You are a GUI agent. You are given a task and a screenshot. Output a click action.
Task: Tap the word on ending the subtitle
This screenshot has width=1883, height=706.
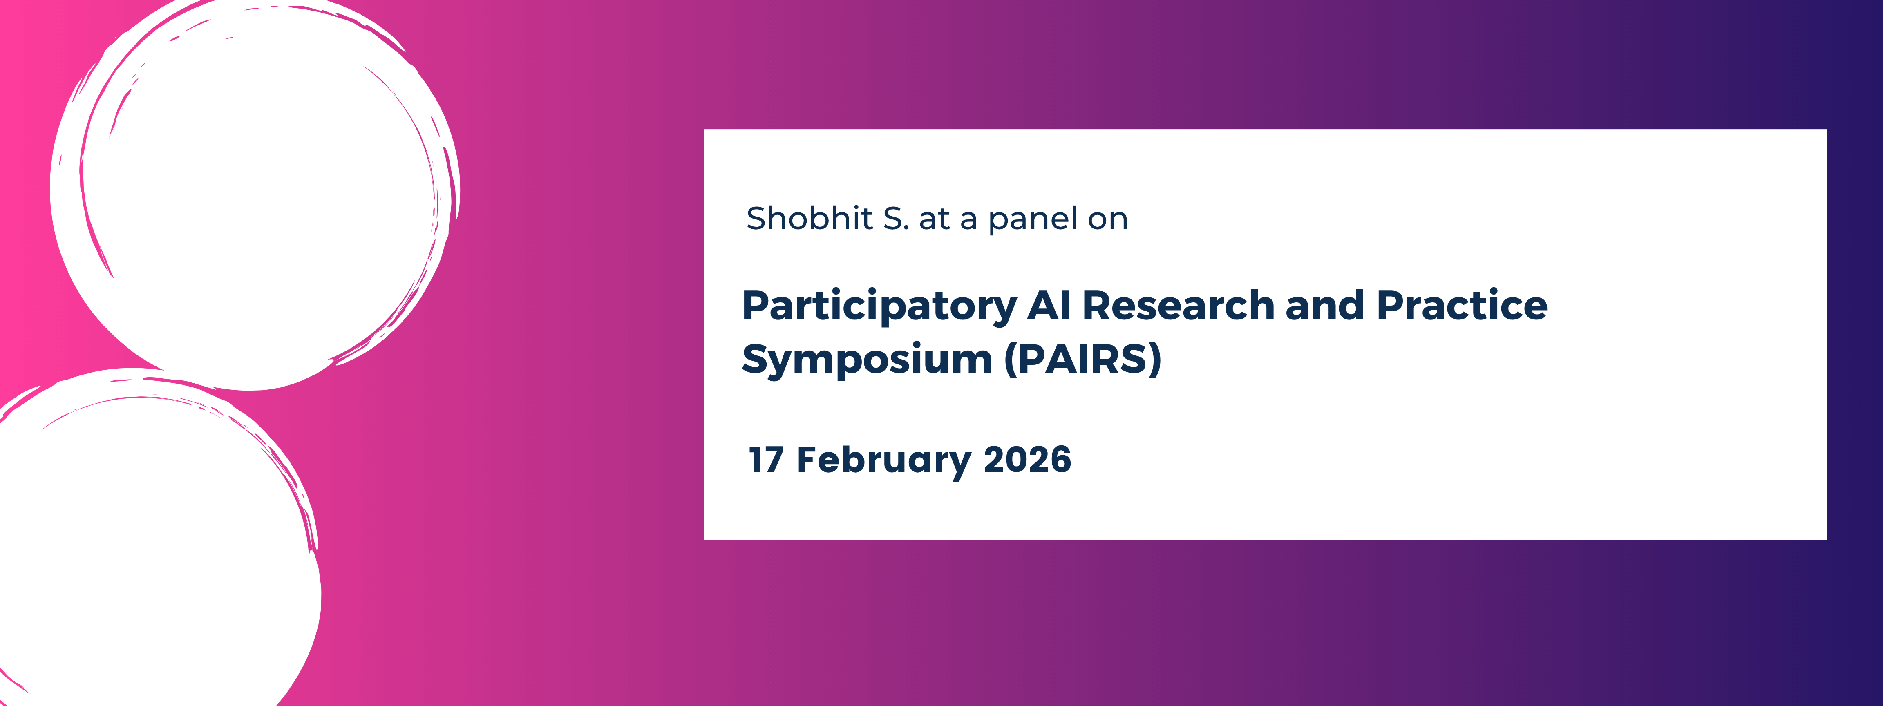pos(1107,220)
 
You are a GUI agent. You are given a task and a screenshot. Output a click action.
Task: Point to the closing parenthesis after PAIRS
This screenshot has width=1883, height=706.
pos(1154,360)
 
